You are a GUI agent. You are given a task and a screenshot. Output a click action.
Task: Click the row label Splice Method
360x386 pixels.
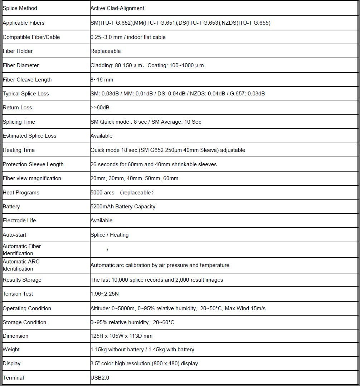pos(20,8)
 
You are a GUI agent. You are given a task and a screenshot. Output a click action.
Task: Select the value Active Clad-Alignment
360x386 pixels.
pos(117,8)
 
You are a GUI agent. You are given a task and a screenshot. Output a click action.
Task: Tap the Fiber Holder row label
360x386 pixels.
pos(18,51)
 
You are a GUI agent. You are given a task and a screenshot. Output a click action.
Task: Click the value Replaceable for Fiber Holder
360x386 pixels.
pos(106,51)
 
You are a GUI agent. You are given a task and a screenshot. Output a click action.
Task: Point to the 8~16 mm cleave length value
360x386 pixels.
pos(102,80)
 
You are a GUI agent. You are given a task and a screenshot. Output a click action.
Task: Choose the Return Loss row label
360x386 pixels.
pos(17,108)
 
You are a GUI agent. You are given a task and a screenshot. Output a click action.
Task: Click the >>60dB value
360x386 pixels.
pos(100,108)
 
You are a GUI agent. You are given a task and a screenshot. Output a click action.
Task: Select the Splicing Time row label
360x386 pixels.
pos(19,122)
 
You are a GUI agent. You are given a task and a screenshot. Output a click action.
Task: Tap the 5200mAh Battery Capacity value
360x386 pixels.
pos(123,207)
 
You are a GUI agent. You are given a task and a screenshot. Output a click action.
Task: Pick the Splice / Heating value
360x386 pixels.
pos(110,235)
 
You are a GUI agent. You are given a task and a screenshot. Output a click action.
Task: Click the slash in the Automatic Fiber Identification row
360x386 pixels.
pos(107,249)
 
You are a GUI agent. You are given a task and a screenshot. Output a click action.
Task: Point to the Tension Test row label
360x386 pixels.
pos(18,294)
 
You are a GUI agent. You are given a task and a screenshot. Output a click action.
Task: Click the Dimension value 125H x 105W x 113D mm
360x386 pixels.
pos(121,336)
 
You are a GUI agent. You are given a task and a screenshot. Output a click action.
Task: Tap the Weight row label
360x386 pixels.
pos(11,350)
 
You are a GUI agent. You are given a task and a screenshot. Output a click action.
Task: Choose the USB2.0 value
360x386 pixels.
pos(100,378)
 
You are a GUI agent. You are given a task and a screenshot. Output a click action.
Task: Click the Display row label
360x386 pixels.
pos(11,363)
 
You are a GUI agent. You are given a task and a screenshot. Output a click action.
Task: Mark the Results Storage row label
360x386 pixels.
pos(22,280)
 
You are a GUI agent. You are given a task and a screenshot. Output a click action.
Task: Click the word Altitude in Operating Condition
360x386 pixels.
pos(100,308)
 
